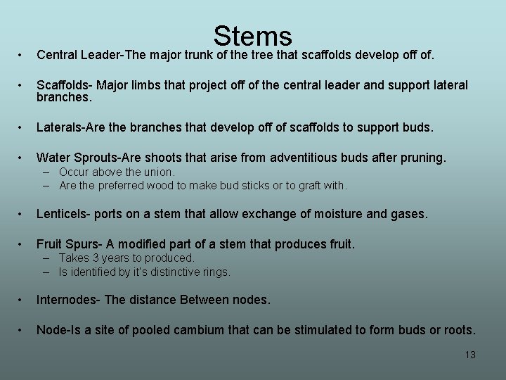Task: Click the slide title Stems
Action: tap(252, 36)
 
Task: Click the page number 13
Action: tap(470, 355)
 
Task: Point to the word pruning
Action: tap(421, 158)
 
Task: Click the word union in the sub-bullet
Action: tap(160, 172)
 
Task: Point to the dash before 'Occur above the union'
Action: tap(46, 172)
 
